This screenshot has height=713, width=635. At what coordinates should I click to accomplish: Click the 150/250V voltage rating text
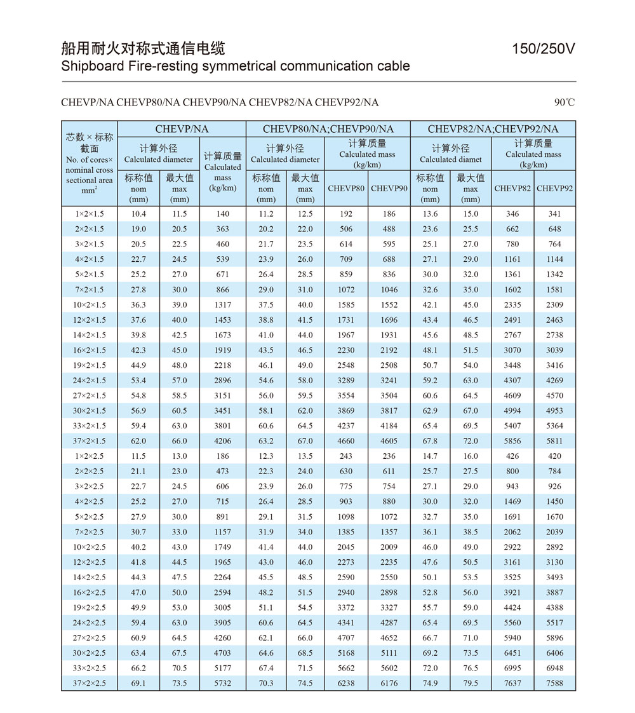[x=544, y=49]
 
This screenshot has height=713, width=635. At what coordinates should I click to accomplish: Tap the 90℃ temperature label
[x=565, y=102]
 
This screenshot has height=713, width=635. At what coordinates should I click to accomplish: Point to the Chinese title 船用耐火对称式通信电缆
[x=143, y=48]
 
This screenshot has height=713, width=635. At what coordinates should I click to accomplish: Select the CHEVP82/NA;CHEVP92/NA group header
[x=493, y=129]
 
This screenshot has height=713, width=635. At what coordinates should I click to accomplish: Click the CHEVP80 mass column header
[x=346, y=188]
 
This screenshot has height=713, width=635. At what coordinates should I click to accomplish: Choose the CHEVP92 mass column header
[x=554, y=188]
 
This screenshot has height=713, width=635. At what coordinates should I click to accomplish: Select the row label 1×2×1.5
[x=90, y=214]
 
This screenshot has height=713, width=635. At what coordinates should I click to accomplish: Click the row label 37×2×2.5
[x=90, y=683]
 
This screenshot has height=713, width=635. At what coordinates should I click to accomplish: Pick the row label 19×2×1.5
[x=90, y=365]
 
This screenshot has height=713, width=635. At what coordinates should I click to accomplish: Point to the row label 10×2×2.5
[x=90, y=547]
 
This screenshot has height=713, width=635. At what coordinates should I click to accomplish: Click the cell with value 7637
[x=512, y=683]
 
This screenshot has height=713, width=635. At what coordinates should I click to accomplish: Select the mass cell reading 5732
[x=223, y=683]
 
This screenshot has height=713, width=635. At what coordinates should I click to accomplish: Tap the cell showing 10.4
[x=138, y=214]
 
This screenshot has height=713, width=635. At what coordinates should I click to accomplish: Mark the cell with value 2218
[x=223, y=365]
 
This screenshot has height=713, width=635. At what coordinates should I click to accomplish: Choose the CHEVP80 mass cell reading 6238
[x=346, y=683]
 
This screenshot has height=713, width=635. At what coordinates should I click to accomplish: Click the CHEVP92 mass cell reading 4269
[x=554, y=381]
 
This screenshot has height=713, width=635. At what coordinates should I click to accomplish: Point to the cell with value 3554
[x=346, y=395]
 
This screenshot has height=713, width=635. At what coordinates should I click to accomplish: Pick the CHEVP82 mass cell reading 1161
[x=512, y=259]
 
